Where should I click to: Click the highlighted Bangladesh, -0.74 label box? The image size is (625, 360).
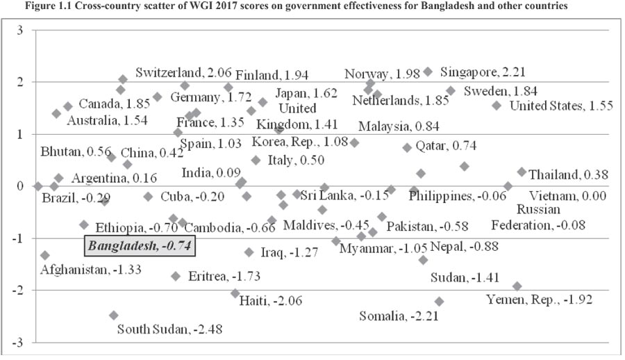click(x=140, y=245)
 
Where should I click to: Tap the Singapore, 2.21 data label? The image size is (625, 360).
click(x=478, y=72)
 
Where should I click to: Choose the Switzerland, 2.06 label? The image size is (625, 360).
click(x=182, y=72)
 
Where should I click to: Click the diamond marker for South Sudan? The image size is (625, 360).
click(x=113, y=315)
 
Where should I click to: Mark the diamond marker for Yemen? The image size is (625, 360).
click(x=517, y=286)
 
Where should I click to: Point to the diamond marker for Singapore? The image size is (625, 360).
click(x=428, y=72)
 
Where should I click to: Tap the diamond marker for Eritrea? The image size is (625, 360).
click(x=176, y=276)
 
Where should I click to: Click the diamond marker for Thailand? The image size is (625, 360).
click(x=522, y=172)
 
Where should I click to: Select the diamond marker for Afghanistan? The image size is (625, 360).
click(x=45, y=255)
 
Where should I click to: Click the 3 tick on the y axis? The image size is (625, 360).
click(x=19, y=31)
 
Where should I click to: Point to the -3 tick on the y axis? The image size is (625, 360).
click(x=17, y=343)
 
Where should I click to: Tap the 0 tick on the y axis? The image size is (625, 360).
click(x=19, y=186)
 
